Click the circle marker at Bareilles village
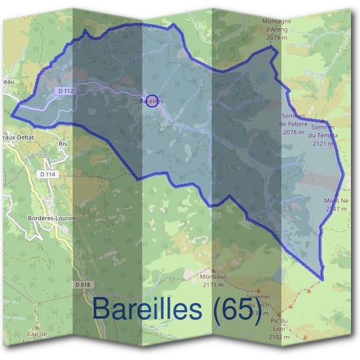[x=152, y=100]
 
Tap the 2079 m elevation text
[x=277, y=38]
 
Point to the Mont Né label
[x=335, y=200]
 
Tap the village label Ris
[x=62, y=145]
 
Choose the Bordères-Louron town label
[x=52, y=218]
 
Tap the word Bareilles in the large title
[x=147, y=310]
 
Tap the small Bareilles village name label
[x=151, y=101]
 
